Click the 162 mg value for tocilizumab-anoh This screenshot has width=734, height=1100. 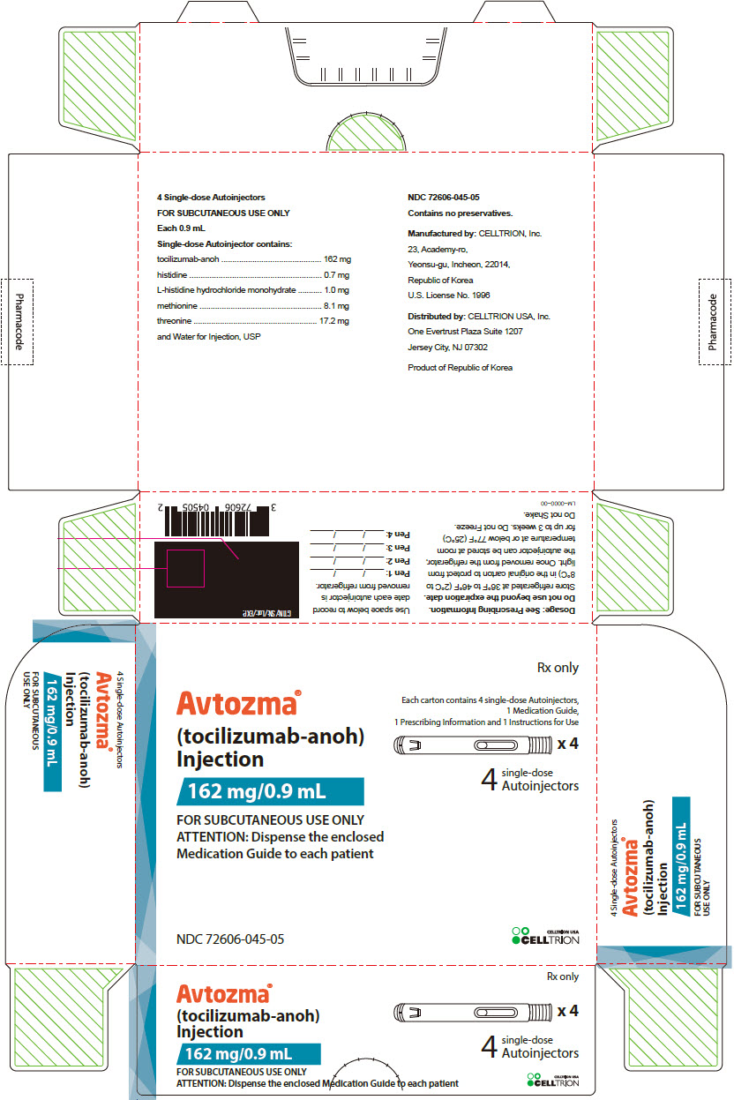coord(337,259)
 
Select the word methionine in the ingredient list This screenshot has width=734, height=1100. coord(177,306)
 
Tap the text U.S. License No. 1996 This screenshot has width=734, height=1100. coord(448,295)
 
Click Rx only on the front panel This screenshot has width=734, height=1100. coord(558,668)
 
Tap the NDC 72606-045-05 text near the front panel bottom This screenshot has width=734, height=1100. coord(230,939)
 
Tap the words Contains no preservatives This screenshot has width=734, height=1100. coord(460,213)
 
